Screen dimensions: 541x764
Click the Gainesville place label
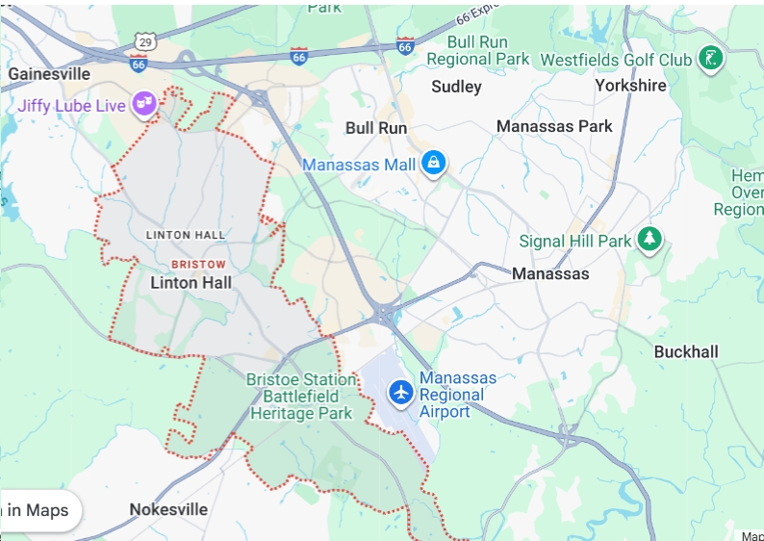click(49, 74)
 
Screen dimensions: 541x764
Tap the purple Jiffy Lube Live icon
click(144, 103)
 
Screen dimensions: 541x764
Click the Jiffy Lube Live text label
click(71, 106)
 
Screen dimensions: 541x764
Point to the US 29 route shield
click(145, 41)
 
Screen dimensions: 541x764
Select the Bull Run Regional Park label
click(477, 51)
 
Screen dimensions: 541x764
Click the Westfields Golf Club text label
click(616, 60)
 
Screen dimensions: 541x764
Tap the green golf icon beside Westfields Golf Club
click(711, 59)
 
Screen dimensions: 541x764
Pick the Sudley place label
click(456, 87)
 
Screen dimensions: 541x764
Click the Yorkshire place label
click(630, 86)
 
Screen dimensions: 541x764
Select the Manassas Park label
click(554, 126)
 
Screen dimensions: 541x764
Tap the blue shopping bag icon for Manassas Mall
click(433, 164)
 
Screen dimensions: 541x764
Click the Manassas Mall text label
click(359, 165)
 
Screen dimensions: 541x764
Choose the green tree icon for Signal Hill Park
click(651, 240)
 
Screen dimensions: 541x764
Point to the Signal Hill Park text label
click(574, 241)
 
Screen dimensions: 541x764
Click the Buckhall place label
click(686, 351)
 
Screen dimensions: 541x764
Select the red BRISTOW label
click(198, 264)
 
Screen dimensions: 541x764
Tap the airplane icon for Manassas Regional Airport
click(400, 393)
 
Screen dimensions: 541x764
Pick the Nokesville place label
click(168, 509)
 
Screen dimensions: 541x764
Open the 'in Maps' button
click(38, 510)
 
